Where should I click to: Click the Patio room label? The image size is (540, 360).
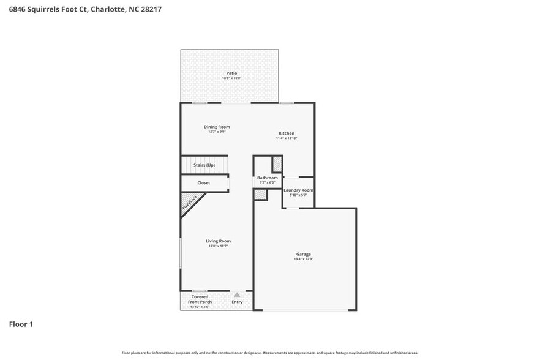point(231,73)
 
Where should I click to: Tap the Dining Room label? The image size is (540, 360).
point(217,127)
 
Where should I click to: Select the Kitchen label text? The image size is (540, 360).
point(287,133)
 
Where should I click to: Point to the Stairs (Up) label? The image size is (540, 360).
point(204,165)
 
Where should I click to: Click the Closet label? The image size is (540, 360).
point(203,183)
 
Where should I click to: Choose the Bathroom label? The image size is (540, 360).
point(267,178)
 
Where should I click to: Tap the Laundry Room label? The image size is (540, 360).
point(298,190)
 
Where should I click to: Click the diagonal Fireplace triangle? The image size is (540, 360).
point(190,203)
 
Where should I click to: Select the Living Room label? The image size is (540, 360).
point(218,241)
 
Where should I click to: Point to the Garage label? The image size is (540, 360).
point(304,254)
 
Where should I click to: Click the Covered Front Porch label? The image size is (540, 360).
point(200,299)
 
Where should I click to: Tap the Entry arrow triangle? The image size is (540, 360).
point(237,294)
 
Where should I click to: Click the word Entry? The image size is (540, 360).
point(237,302)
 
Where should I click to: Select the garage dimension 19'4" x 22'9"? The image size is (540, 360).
point(304,260)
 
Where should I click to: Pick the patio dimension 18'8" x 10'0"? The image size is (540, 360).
point(231,78)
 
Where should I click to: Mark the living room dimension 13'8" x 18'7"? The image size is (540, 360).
point(218,246)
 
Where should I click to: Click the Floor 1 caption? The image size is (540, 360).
point(21,324)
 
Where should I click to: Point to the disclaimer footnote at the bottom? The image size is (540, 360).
point(270,353)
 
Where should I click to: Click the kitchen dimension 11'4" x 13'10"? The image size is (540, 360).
point(287,138)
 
